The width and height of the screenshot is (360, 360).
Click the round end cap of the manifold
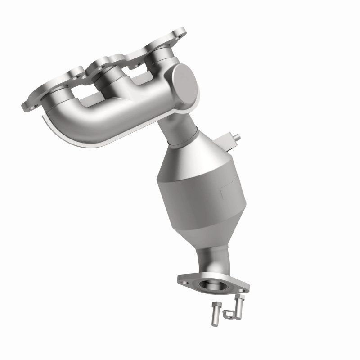(x=184, y=85)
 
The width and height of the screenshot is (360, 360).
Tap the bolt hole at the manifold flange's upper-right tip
(x=181, y=32)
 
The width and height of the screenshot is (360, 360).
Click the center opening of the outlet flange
(x=211, y=284)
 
